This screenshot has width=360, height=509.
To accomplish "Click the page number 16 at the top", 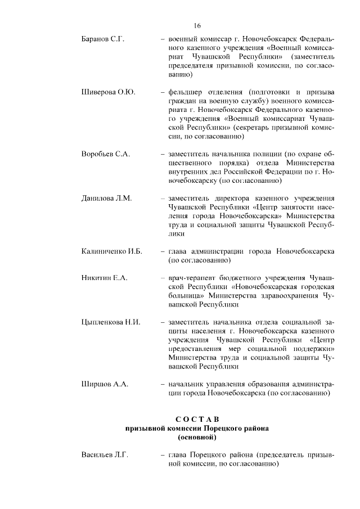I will click(197, 25).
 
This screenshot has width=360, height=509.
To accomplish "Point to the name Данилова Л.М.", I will click(106, 199).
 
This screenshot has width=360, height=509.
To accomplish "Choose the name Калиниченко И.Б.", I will click(111, 250).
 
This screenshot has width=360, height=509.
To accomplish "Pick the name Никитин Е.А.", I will click(105, 278).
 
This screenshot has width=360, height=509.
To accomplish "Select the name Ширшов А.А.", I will click(105, 384).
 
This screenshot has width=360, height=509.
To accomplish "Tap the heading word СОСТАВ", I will click(196, 419).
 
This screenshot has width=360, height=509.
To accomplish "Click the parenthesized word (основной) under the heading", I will click(196, 436).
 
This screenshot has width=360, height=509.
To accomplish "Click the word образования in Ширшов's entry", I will click(262, 384).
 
